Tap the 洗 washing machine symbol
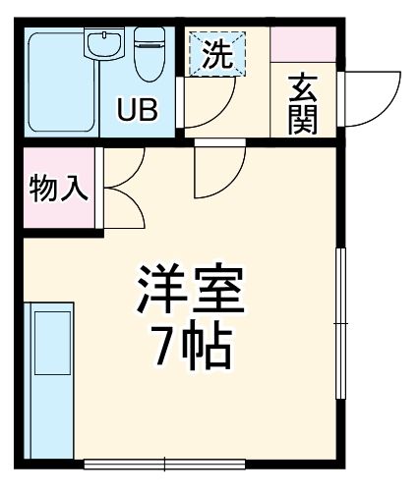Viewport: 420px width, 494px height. pyautogui.click(x=216, y=55)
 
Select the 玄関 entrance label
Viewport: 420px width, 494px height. pyautogui.click(x=301, y=106)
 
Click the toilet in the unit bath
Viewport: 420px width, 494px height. pyautogui.click(x=150, y=53)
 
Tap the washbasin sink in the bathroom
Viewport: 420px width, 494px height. pyautogui.click(x=102, y=45)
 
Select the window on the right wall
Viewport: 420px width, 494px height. pyautogui.click(x=342, y=324)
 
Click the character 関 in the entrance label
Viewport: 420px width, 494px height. pyautogui.click(x=301, y=122)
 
